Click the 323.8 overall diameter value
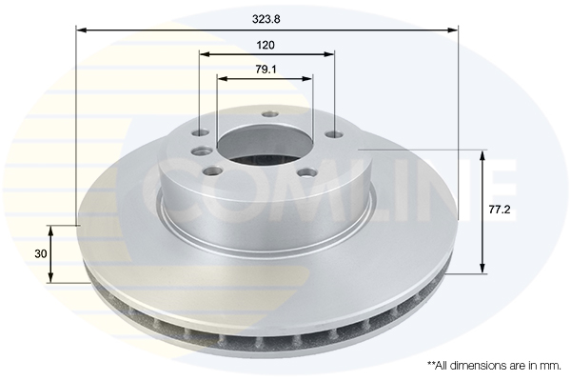[x=266, y=19]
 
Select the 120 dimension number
[x=266, y=45]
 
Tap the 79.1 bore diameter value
[x=266, y=70]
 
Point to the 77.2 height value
[x=500, y=210]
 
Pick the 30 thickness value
[x=40, y=253]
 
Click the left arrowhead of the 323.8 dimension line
[x=81, y=30]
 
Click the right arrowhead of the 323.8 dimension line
[x=453, y=30]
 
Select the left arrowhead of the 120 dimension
[x=206, y=54]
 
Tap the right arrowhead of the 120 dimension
[x=329, y=54]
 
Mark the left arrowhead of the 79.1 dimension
[x=222, y=78]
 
